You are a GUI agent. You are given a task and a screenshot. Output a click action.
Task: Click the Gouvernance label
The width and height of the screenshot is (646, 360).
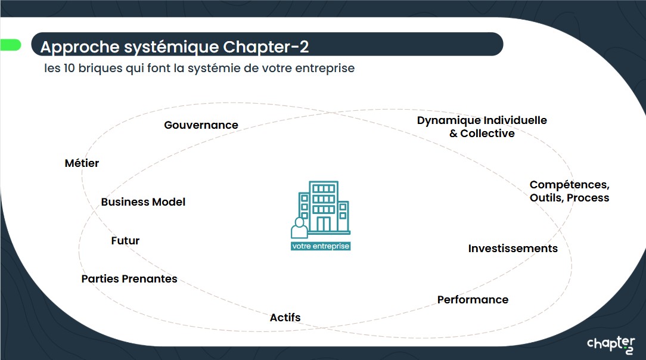click(201, 125)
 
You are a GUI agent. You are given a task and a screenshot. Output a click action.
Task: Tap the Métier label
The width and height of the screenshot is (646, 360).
click(82, 163)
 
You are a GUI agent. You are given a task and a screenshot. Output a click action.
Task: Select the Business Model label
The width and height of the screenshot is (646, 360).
click(143, 202)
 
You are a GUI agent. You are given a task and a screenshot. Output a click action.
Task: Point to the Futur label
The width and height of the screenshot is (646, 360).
click(125, 241)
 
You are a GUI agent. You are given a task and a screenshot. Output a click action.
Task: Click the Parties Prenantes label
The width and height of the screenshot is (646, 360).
click(129, 279)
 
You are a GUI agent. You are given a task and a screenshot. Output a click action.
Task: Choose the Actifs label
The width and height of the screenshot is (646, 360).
click(285, 318)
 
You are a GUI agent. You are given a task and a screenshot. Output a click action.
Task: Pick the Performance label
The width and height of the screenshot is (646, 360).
click(473, 300)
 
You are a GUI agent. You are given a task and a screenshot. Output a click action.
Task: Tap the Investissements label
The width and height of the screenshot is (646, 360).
click(513, 249)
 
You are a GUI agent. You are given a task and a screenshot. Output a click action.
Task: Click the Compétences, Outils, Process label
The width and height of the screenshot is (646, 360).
click(569, 191)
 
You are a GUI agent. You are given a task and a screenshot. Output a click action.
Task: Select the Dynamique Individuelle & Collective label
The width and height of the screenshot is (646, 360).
click(482, 127)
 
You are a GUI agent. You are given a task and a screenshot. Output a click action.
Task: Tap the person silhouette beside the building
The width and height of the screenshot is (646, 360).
click(299, 228)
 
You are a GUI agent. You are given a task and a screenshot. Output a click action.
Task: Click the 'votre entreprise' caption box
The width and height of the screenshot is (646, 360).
click(321, 246)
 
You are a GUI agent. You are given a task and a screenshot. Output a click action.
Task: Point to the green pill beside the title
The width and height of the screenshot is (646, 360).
click(10, 45)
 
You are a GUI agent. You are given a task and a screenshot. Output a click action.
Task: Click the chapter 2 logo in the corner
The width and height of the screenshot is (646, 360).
click(611, 345)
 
